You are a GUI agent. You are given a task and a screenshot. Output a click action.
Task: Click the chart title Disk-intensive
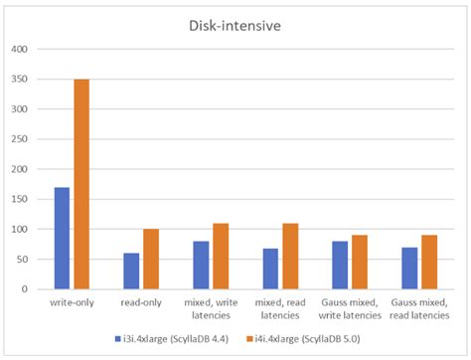236,26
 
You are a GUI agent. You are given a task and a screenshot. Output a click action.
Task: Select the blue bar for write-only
62,239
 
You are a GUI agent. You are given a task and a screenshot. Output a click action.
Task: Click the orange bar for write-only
81,185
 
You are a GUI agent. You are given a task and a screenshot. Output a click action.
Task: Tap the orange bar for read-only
151,260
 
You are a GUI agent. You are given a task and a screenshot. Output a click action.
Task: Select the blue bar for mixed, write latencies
201,266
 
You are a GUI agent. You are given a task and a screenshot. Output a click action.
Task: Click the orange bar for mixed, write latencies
221,257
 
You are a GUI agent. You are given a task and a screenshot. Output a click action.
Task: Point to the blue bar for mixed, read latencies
270,270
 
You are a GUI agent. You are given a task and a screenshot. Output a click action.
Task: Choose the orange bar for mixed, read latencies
290,257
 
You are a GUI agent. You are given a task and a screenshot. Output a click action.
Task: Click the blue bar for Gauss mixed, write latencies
340,266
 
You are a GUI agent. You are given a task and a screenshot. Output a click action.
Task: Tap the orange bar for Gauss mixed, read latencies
429,263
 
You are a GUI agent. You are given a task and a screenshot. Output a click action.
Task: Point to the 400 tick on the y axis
19,49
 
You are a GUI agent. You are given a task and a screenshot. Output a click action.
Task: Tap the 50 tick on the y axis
22,260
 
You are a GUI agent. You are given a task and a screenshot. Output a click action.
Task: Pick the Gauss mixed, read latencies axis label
419,308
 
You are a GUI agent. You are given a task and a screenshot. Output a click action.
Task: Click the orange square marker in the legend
257,338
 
